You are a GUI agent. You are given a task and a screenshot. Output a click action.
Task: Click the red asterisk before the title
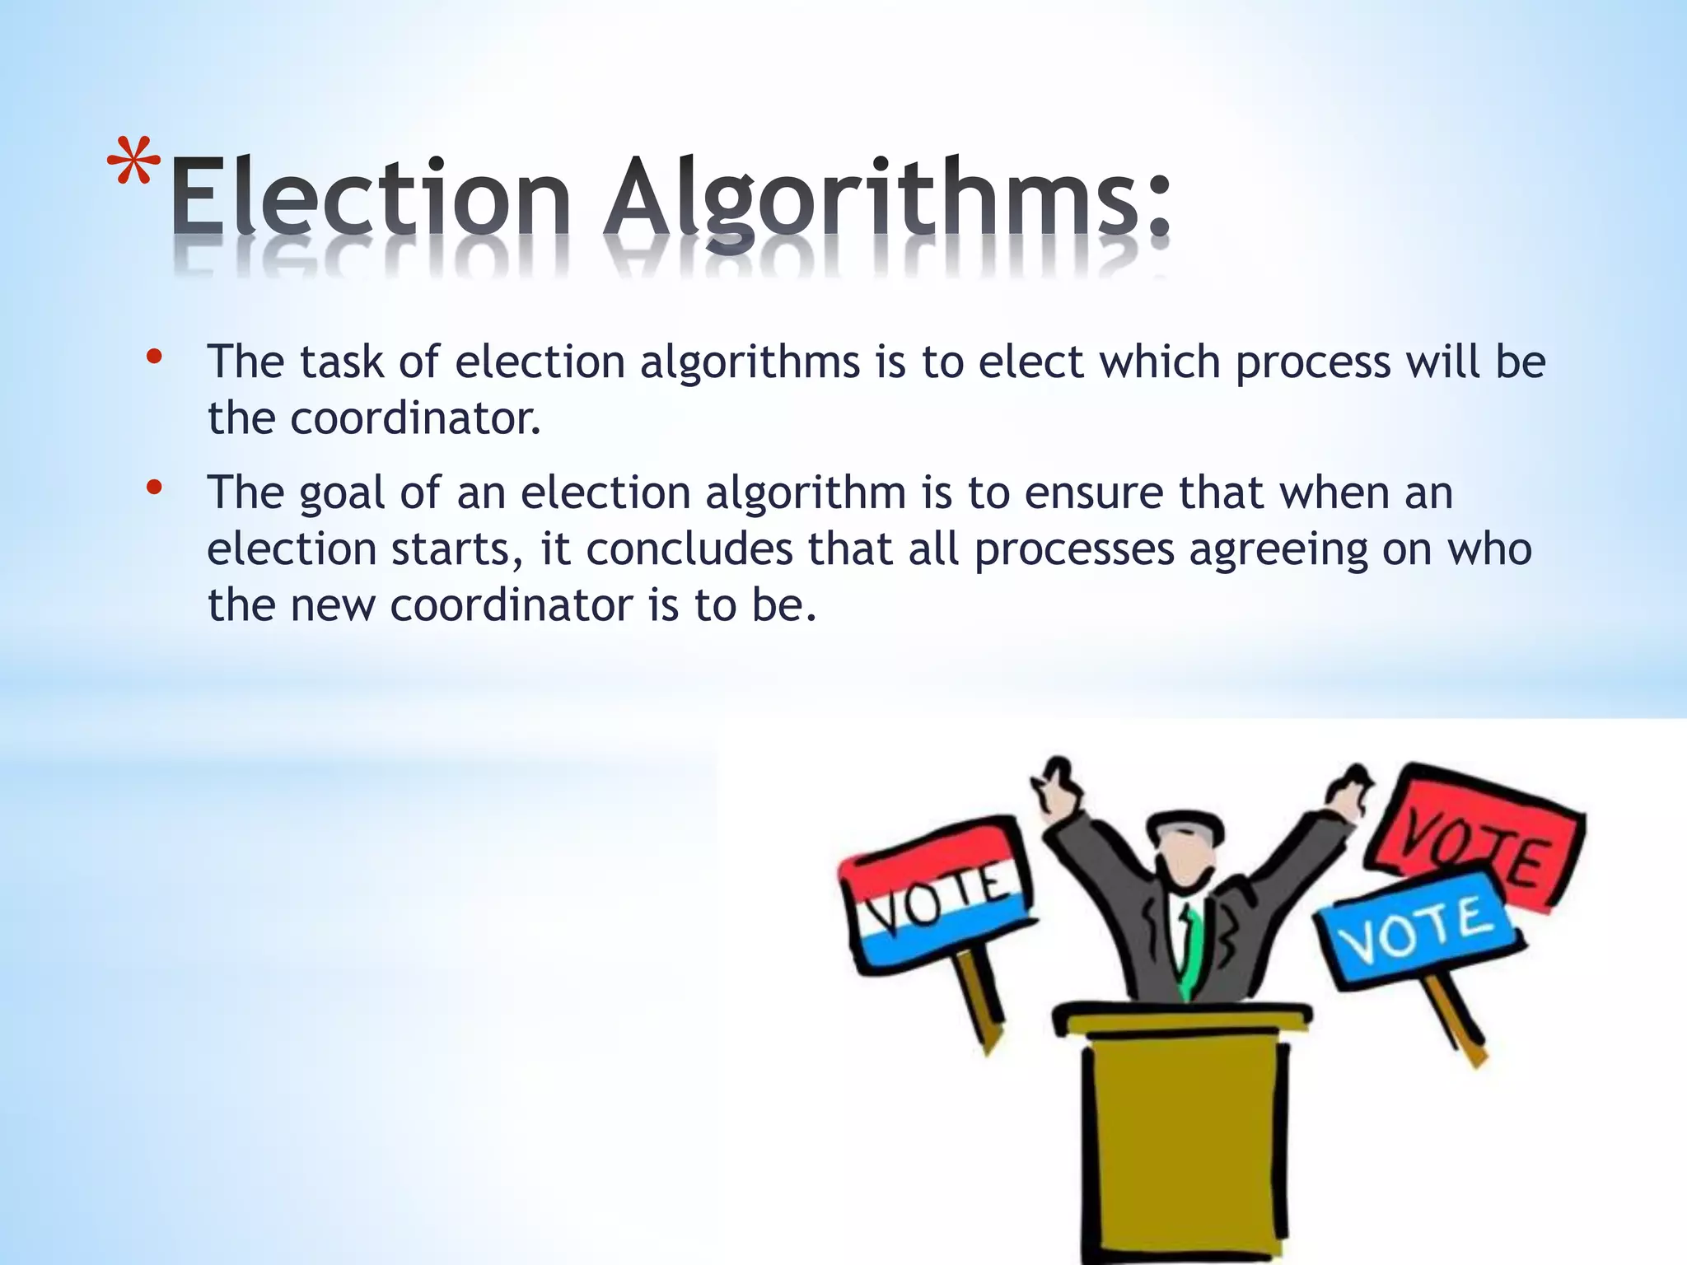point(134,169)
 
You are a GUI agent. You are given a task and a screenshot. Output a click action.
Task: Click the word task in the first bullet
point(341,362)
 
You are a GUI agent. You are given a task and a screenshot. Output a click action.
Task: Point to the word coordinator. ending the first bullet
point(415,418)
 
